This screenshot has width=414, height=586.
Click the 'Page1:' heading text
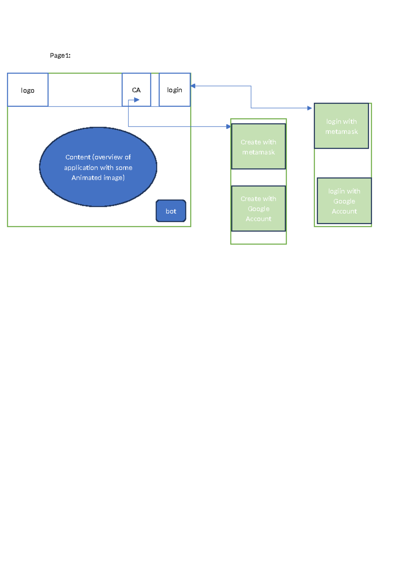[x=60, y=55]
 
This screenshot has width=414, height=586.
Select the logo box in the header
[x=28, y=90]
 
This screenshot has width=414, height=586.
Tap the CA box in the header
[x=136, y=86]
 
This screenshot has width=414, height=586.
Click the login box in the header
[x=175, y=90]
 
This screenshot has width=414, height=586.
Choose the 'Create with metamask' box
[x=258, y=146]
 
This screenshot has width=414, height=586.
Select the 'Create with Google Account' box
[x=258, y=208]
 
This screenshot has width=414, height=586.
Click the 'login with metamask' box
[x=341, y=126]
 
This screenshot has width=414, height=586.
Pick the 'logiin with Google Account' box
[x=344, y=201]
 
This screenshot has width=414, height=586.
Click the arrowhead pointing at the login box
[x=193, y=86]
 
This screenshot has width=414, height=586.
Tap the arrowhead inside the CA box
[x=137, y=100]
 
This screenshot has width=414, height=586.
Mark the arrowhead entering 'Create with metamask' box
[x=228, y=126]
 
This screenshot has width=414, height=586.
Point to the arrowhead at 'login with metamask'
[x=309, y=108]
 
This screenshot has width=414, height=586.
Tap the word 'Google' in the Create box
[x=258, y=209]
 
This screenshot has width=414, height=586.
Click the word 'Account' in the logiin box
[x=344, y=211]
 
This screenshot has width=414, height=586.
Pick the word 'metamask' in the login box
[x=341, y=132]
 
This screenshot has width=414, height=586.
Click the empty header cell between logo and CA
[x=85, y=90]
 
